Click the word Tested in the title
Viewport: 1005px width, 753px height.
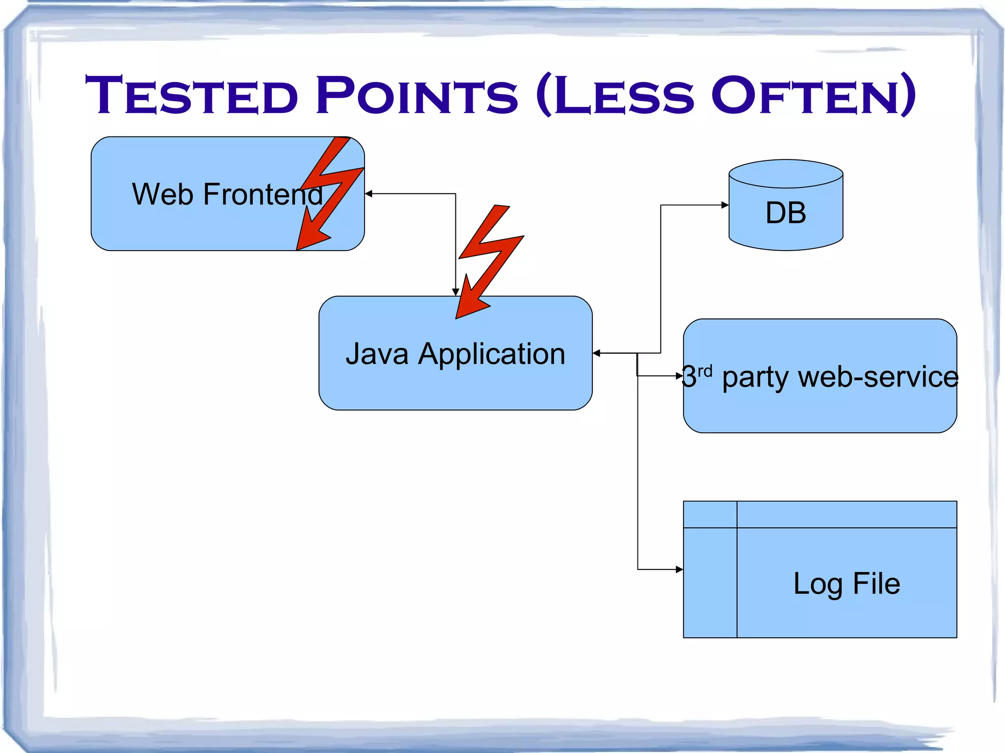click(x=191, y=96)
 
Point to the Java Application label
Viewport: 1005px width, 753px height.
click(x=455, y=354)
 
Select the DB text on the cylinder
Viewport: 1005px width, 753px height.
click(x=786, y=213)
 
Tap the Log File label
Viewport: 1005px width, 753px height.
click(x=846, y=584)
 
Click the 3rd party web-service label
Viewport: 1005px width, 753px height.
click(x=820, y=377)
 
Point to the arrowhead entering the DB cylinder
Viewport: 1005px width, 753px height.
click(x=725, y=205)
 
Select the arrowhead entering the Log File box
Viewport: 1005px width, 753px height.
click(x=679, y=570)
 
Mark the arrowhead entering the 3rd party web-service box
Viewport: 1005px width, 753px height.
click(x=679, y=376)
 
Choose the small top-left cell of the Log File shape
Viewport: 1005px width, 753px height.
click(x=710, y=515)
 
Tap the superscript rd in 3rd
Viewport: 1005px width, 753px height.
click(x=705, y=371)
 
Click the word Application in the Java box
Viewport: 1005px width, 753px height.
click(x=492, y=354)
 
